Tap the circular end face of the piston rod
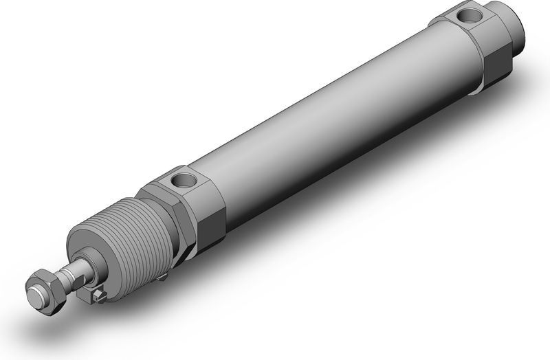click(35, 297)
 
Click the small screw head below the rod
click(100, 296)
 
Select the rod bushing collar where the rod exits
click(85, 265)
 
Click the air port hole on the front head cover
click(184, 181)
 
